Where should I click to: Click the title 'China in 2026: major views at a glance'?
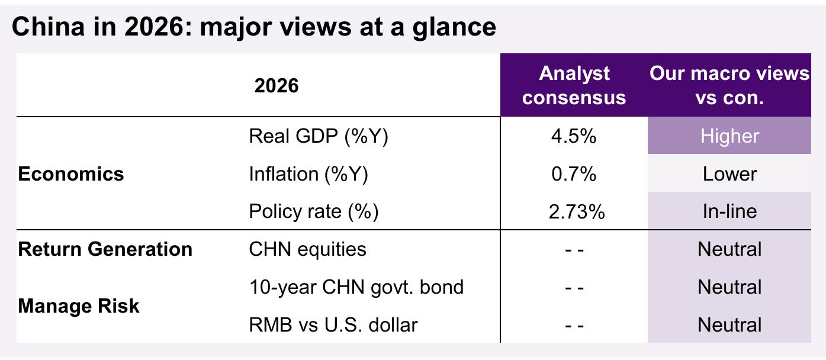253,27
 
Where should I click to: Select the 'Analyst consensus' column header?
574,85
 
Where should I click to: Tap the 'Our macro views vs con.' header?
729,85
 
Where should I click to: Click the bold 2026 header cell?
276,86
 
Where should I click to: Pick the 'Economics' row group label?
71,173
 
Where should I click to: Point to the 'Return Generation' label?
105,249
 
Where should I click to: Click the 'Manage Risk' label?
79,306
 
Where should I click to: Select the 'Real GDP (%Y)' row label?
319,136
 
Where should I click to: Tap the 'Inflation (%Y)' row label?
308,174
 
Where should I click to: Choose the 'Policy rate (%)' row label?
313,212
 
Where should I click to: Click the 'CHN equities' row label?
307,249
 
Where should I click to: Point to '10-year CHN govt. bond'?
356,287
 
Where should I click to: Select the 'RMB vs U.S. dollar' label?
333,325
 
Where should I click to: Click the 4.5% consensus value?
574,136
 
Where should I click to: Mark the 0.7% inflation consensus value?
574,173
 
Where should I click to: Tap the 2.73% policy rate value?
577,212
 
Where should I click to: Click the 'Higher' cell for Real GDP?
729,136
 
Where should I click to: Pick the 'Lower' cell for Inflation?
729,173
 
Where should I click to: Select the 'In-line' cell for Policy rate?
729,211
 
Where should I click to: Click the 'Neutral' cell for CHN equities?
729,249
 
